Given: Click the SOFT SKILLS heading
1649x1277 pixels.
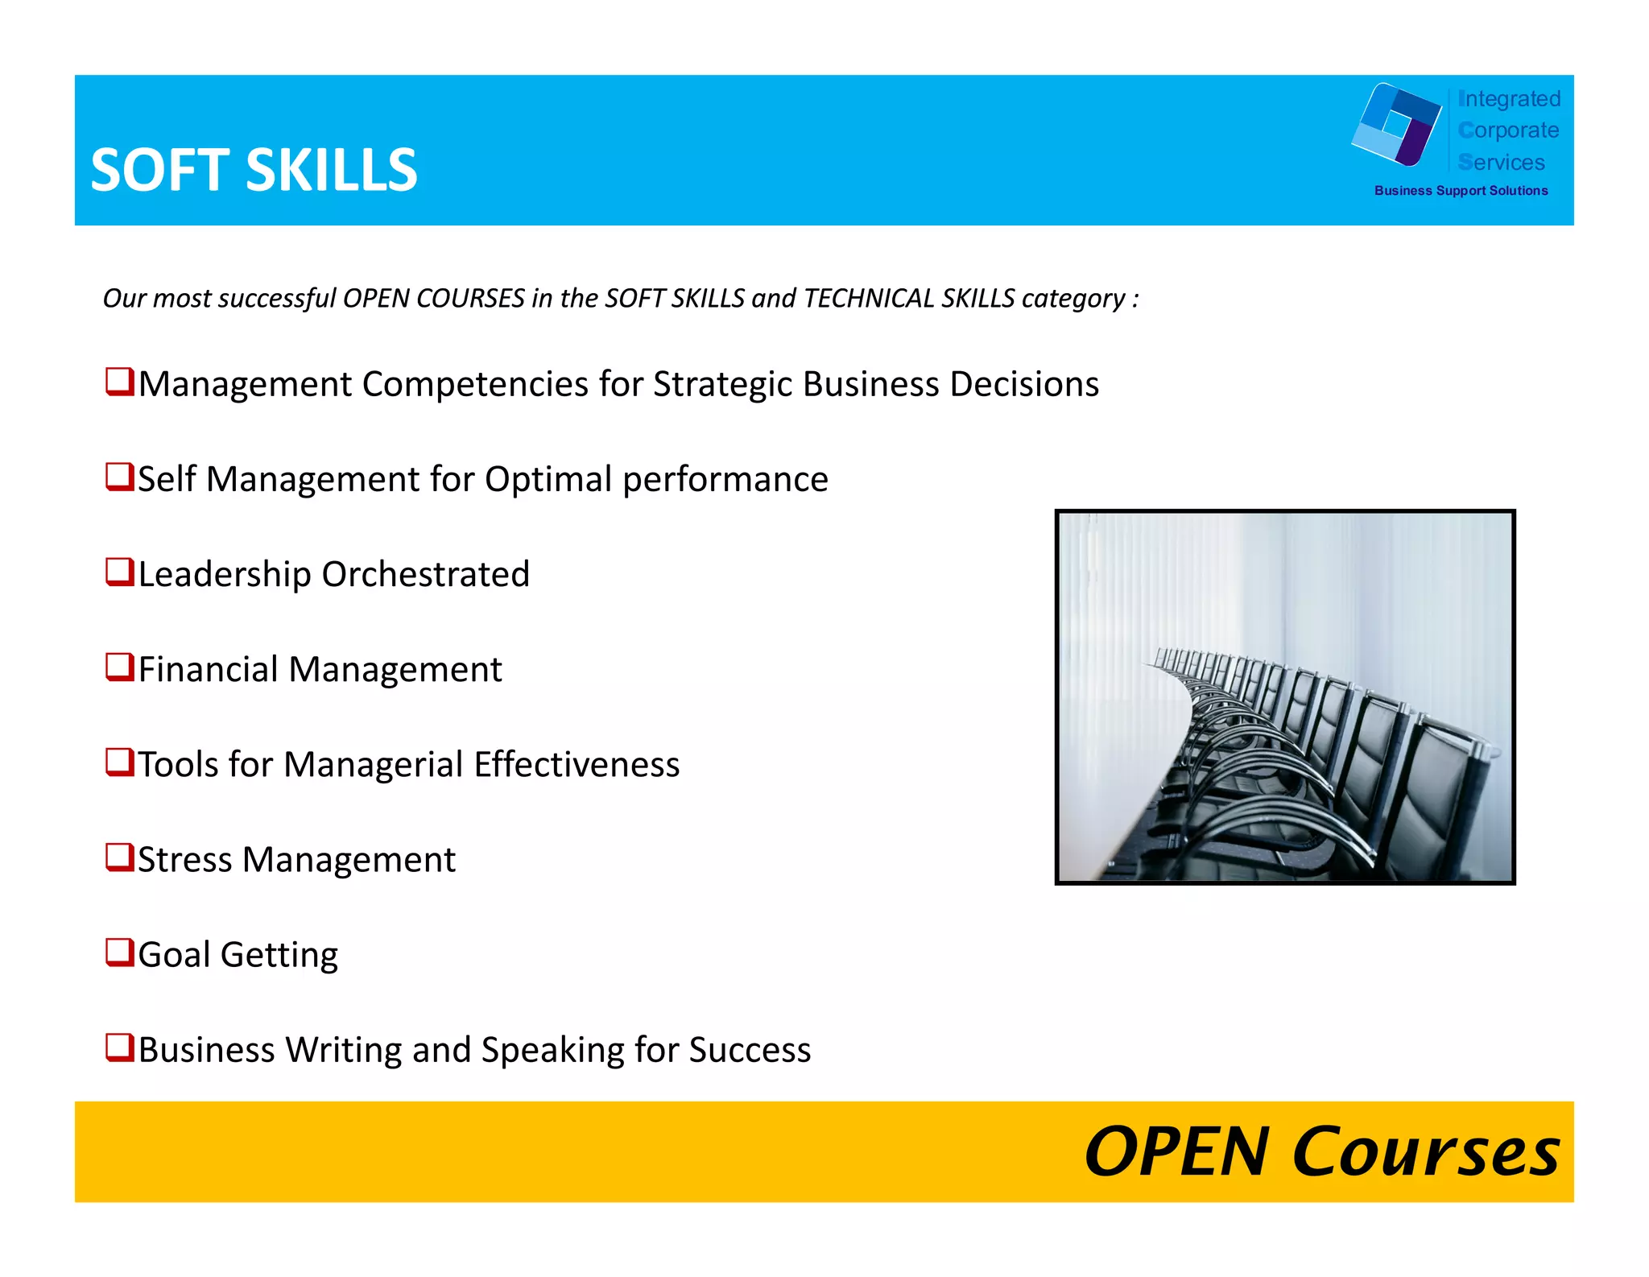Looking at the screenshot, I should click(x=254, y=170).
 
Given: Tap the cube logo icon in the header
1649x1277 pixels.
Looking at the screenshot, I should click(x=1396, y=125).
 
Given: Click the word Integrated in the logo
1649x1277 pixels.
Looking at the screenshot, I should click(x=1509, y=99).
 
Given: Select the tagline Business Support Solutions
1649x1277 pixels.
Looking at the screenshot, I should click(x=1461, y=191).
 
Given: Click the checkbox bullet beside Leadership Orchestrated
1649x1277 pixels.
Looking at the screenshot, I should click(x=120, y=572).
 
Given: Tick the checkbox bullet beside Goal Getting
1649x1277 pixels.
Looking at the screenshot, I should click(x=120, y=953).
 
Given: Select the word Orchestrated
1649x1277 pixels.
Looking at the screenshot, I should click(x=425, y=574).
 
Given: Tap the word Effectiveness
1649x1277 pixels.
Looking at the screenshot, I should click(x=577, y=764).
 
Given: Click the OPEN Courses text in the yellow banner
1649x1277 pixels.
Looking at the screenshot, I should click(x=1321, y=1152).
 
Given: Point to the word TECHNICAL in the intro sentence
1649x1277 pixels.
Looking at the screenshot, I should click(x=868, y=299).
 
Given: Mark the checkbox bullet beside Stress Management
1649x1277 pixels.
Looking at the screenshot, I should click(x=120, y=858).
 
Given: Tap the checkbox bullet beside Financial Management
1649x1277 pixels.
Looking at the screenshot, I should click(x=120, y=667).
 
